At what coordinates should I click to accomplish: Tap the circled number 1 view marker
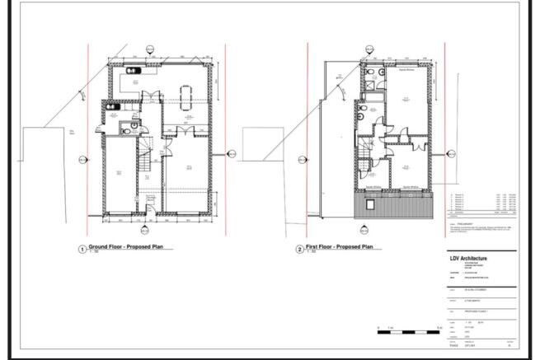[82, 249]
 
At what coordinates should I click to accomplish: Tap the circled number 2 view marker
[299, 249]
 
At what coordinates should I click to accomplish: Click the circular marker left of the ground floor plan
[81, 159]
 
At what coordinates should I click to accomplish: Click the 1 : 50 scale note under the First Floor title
[312, 252]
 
